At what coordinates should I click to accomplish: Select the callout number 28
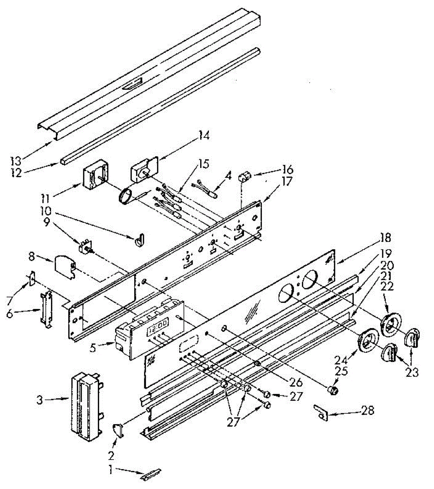[368, 410]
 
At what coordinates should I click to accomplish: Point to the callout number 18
[385, 238]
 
